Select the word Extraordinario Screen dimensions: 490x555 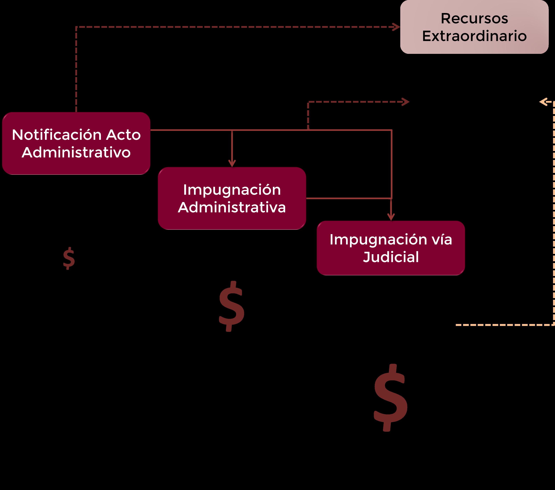[474, 36]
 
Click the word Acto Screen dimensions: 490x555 [123, 135]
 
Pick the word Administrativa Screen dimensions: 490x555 [232, 208]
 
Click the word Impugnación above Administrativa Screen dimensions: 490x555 [232, 190]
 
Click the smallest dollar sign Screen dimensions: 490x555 [69, 258]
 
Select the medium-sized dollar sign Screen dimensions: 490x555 [232, 306]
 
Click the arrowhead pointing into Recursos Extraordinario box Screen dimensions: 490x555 [397, 27]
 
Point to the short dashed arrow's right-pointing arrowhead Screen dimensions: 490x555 [406, 102]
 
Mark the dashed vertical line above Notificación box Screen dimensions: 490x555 [76, 68]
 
